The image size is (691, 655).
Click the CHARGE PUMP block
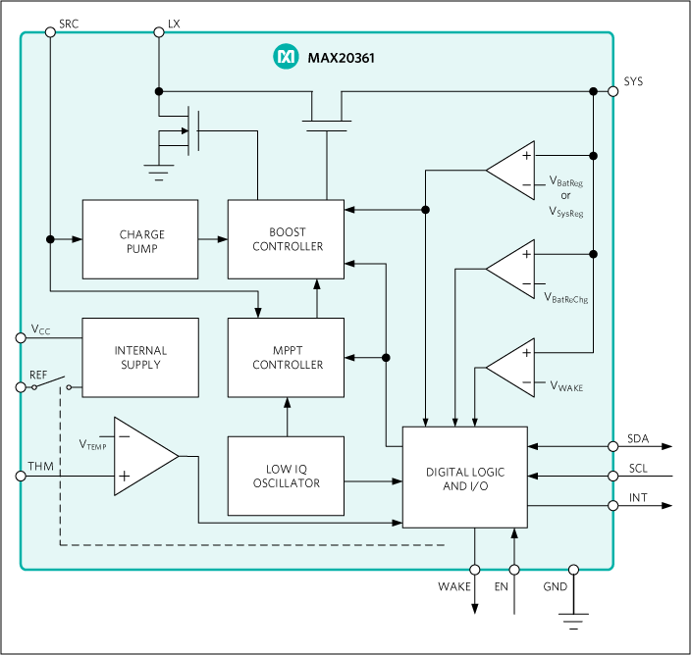click(139, 239)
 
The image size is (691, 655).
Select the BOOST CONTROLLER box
click(286, 239)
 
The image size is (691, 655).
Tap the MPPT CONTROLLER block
click(286, 357)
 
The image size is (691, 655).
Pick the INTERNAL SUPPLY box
click(139, 357)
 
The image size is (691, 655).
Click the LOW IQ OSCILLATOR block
click(286, 476)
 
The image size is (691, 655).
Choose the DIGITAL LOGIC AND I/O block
click(464, 478)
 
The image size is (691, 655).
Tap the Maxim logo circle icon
click(286, 58)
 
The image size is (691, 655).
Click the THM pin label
click(40, 466)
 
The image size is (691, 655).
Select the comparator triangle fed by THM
click(142, 456)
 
